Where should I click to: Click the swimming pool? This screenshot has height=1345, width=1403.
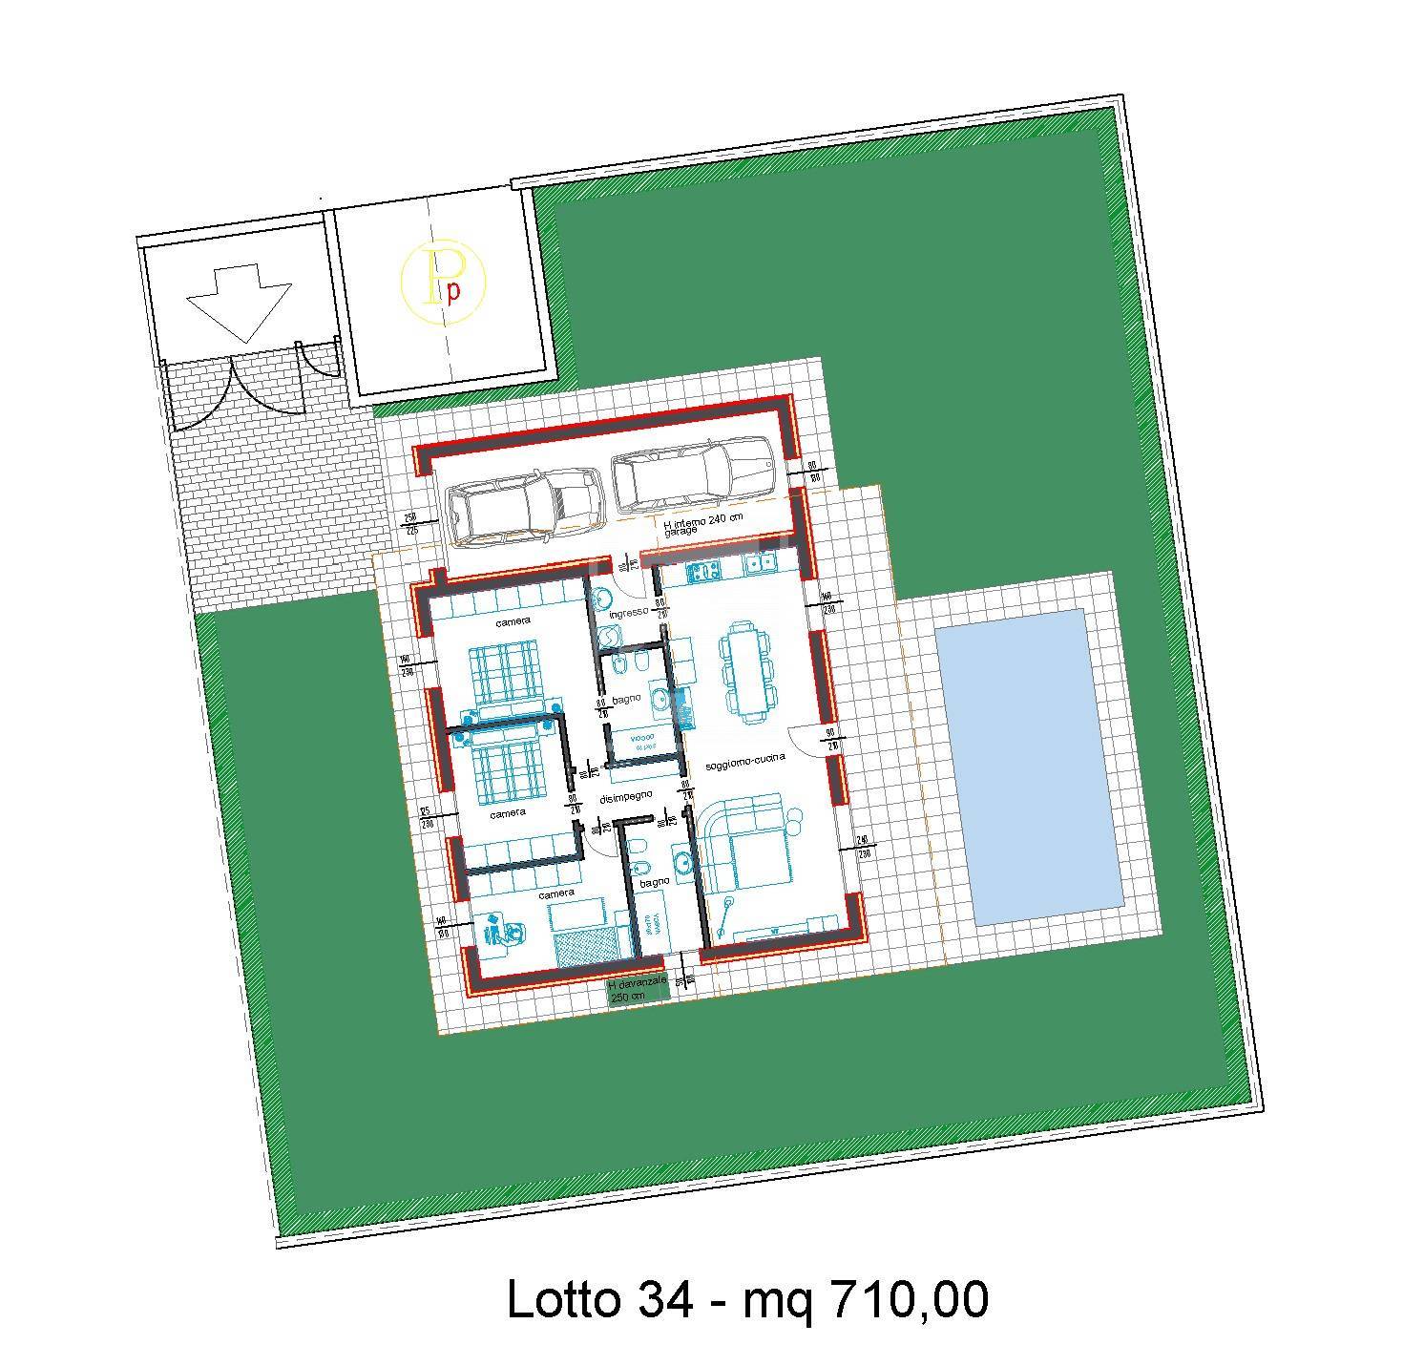[x=1030, y=766]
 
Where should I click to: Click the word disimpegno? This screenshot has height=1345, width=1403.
[x=625, y=796]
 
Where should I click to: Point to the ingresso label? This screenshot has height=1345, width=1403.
[x=629, y=611]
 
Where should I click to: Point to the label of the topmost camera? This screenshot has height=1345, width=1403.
[x=513, y=622]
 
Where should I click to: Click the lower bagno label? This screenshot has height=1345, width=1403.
[x=654, y=884]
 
